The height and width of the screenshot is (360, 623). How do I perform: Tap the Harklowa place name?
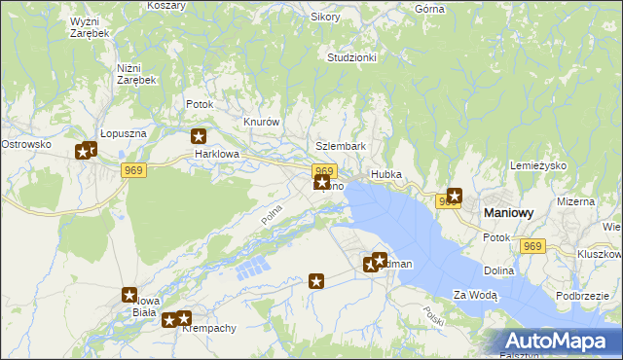click(x=215, y=154)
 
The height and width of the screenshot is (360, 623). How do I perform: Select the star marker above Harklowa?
click(x=200, y=137)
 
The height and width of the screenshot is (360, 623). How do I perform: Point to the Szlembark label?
click(x=341, y=146)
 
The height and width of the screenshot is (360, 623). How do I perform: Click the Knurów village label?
click(x=261, y=123)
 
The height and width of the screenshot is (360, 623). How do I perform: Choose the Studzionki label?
click(x=351, y=57)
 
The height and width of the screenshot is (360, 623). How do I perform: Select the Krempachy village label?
click(x=209, y=329)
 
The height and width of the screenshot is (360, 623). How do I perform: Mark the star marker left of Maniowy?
click(x=454, y=196)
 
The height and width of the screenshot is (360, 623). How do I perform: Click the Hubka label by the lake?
click(x=385, y=176)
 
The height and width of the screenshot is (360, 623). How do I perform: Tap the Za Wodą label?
click(x=475, y=295)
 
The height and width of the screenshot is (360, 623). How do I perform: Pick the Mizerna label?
click(x=575, y=201)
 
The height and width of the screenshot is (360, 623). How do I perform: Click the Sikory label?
click(x=325, y=18)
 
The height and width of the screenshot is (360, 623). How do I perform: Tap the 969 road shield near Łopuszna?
click(x=134, y=170)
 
